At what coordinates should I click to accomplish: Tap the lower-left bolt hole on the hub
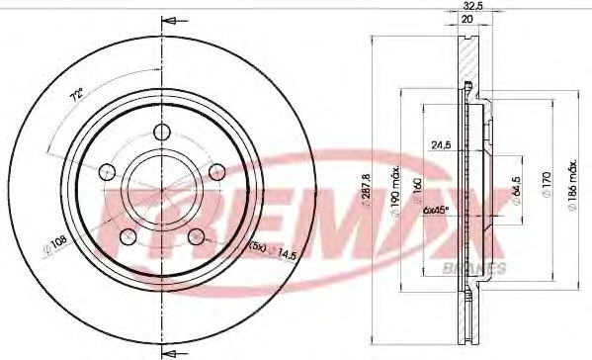pos(127,235)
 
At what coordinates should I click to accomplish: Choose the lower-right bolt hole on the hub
pos(196,235)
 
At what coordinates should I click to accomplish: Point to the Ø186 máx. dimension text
pos(570,182)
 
